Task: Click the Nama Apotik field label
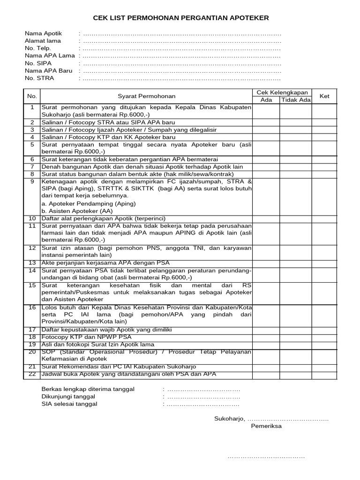click(43, 34)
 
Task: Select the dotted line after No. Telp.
click(181, 48)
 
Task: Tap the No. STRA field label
click(39, 78)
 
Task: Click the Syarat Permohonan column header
click(146, 96)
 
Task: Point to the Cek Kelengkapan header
click(282, 92)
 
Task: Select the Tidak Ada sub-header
click(295, 100)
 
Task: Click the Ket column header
click(324, 96)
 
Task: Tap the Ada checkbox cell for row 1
click(266, 111)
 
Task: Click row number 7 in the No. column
click(32, 166)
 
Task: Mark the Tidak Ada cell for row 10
click(295, 218)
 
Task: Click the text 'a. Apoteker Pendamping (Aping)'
click(89, 203)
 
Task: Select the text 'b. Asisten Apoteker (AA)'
click(77, 211)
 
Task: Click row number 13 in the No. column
click(32, 263)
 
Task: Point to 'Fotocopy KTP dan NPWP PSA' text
click(87, 337)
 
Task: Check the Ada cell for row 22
click(266, 374)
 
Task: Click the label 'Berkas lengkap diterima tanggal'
click(88, 389)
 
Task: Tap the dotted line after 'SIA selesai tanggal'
click(202, 404)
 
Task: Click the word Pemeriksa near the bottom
click(266, 427)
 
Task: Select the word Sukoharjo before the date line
click(229, 419)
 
